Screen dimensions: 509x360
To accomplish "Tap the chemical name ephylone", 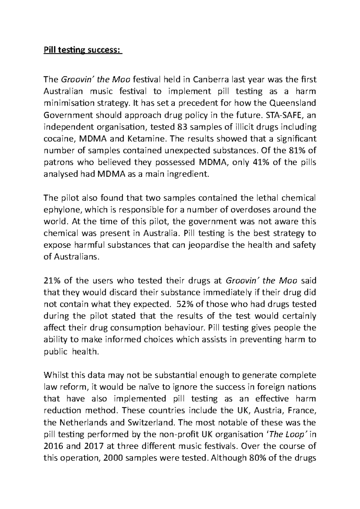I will [60, 210].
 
